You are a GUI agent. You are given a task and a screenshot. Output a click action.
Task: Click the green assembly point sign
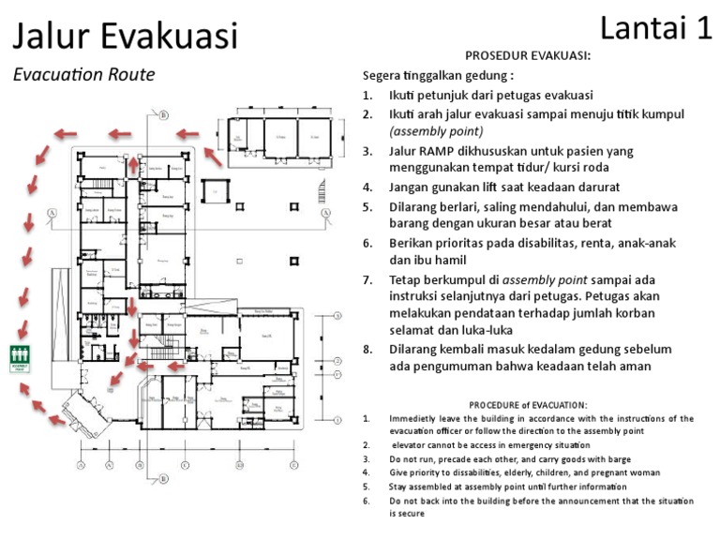[19, 358]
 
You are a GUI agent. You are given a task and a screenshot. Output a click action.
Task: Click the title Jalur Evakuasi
[125, 36]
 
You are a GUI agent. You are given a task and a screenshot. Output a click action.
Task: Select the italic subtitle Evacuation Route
[84, 75]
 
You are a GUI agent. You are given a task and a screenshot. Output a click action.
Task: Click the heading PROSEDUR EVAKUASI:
[528, 55]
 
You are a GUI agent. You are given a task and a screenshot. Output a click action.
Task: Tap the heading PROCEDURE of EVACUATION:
[528, 404]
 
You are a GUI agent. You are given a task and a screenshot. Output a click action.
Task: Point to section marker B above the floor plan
[163, 115]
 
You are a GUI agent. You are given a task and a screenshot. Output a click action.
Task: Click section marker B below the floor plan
[164, 479]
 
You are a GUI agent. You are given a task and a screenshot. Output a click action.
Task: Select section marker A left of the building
[52, 214]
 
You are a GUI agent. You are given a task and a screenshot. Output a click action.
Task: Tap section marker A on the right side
[324, 214]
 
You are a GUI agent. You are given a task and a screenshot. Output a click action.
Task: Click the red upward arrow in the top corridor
[133, 166]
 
